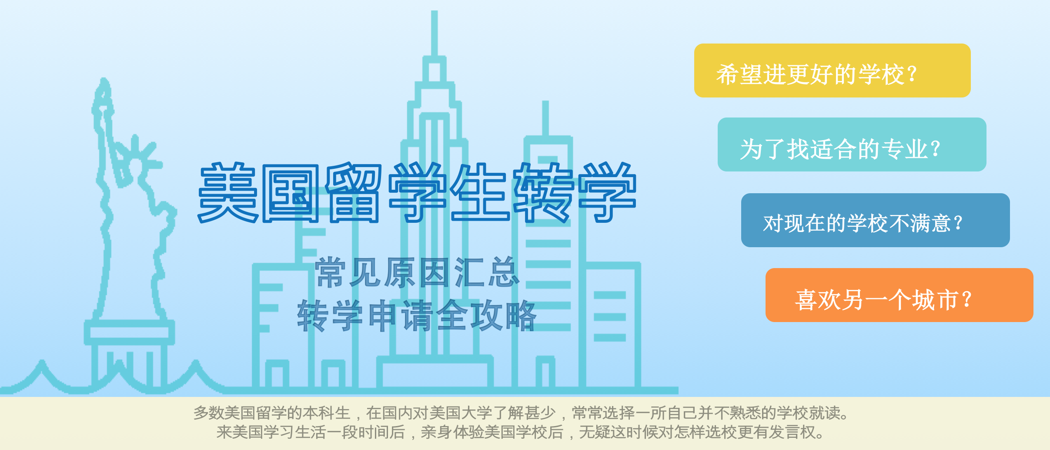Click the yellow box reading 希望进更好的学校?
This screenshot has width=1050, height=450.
[832, 71]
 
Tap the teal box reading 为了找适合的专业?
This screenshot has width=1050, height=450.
[852, 144]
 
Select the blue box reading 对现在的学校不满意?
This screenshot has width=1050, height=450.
[875, 220]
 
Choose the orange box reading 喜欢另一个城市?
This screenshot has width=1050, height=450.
[899, 295]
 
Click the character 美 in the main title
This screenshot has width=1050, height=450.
[229, 192]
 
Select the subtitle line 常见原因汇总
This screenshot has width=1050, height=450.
[418, 272]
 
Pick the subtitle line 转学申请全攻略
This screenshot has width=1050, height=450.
[417, 315]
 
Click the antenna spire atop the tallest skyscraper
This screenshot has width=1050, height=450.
[434, 33]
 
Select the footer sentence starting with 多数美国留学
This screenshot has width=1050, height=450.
[521, 413]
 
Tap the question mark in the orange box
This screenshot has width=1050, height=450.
[966, 299]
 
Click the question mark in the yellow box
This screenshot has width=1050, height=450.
[913, 74]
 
